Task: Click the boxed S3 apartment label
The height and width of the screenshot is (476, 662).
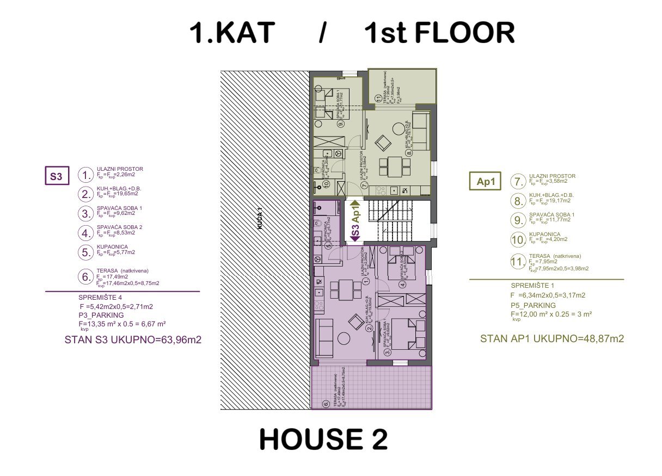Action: pyautogui.click(x=57, y=177)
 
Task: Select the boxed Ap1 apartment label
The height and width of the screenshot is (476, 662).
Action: pyautogui.click(x=485, y=182)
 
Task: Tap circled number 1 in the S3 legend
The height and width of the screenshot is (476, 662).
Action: pyautogui.click(x=85, y=175)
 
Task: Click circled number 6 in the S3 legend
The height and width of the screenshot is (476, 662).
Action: pyautogui.click(x=85, y=277)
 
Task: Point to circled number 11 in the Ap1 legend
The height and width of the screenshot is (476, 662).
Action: pyautogui.click(x=517, y=262)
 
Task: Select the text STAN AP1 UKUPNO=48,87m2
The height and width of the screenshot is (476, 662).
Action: pyautogui.click(x=551, y=338)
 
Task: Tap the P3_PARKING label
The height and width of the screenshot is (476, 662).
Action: pyautogui.click(x=101, y=315)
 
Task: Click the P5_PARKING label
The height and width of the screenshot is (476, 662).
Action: pyautogui.click(x=533, y=305)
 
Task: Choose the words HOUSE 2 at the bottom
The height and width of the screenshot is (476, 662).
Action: pyautogui.click(x=323, y=440)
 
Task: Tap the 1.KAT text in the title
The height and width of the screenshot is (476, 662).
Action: pyautogui.click(x=231, y=34)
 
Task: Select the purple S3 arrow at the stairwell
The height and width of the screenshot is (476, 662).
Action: pyautogui.click(x=355, y=234)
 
